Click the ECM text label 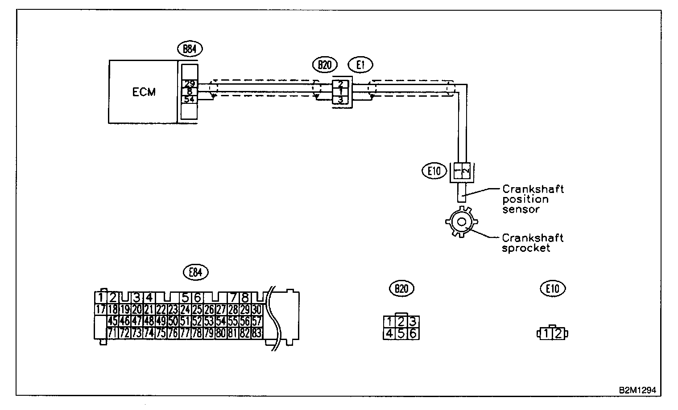144,92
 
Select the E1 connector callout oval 361,65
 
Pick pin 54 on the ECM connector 189,99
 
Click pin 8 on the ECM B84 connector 189,92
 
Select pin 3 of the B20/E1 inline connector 341,100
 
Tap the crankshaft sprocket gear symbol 461,221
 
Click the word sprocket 526,248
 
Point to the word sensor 521,209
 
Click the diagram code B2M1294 637,389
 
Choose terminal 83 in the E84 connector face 256,332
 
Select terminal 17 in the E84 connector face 101,309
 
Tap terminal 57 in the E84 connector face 256,321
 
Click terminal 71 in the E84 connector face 112,332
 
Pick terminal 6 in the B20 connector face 413,333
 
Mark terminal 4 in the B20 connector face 389,333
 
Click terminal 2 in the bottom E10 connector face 558,333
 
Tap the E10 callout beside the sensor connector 435,171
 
